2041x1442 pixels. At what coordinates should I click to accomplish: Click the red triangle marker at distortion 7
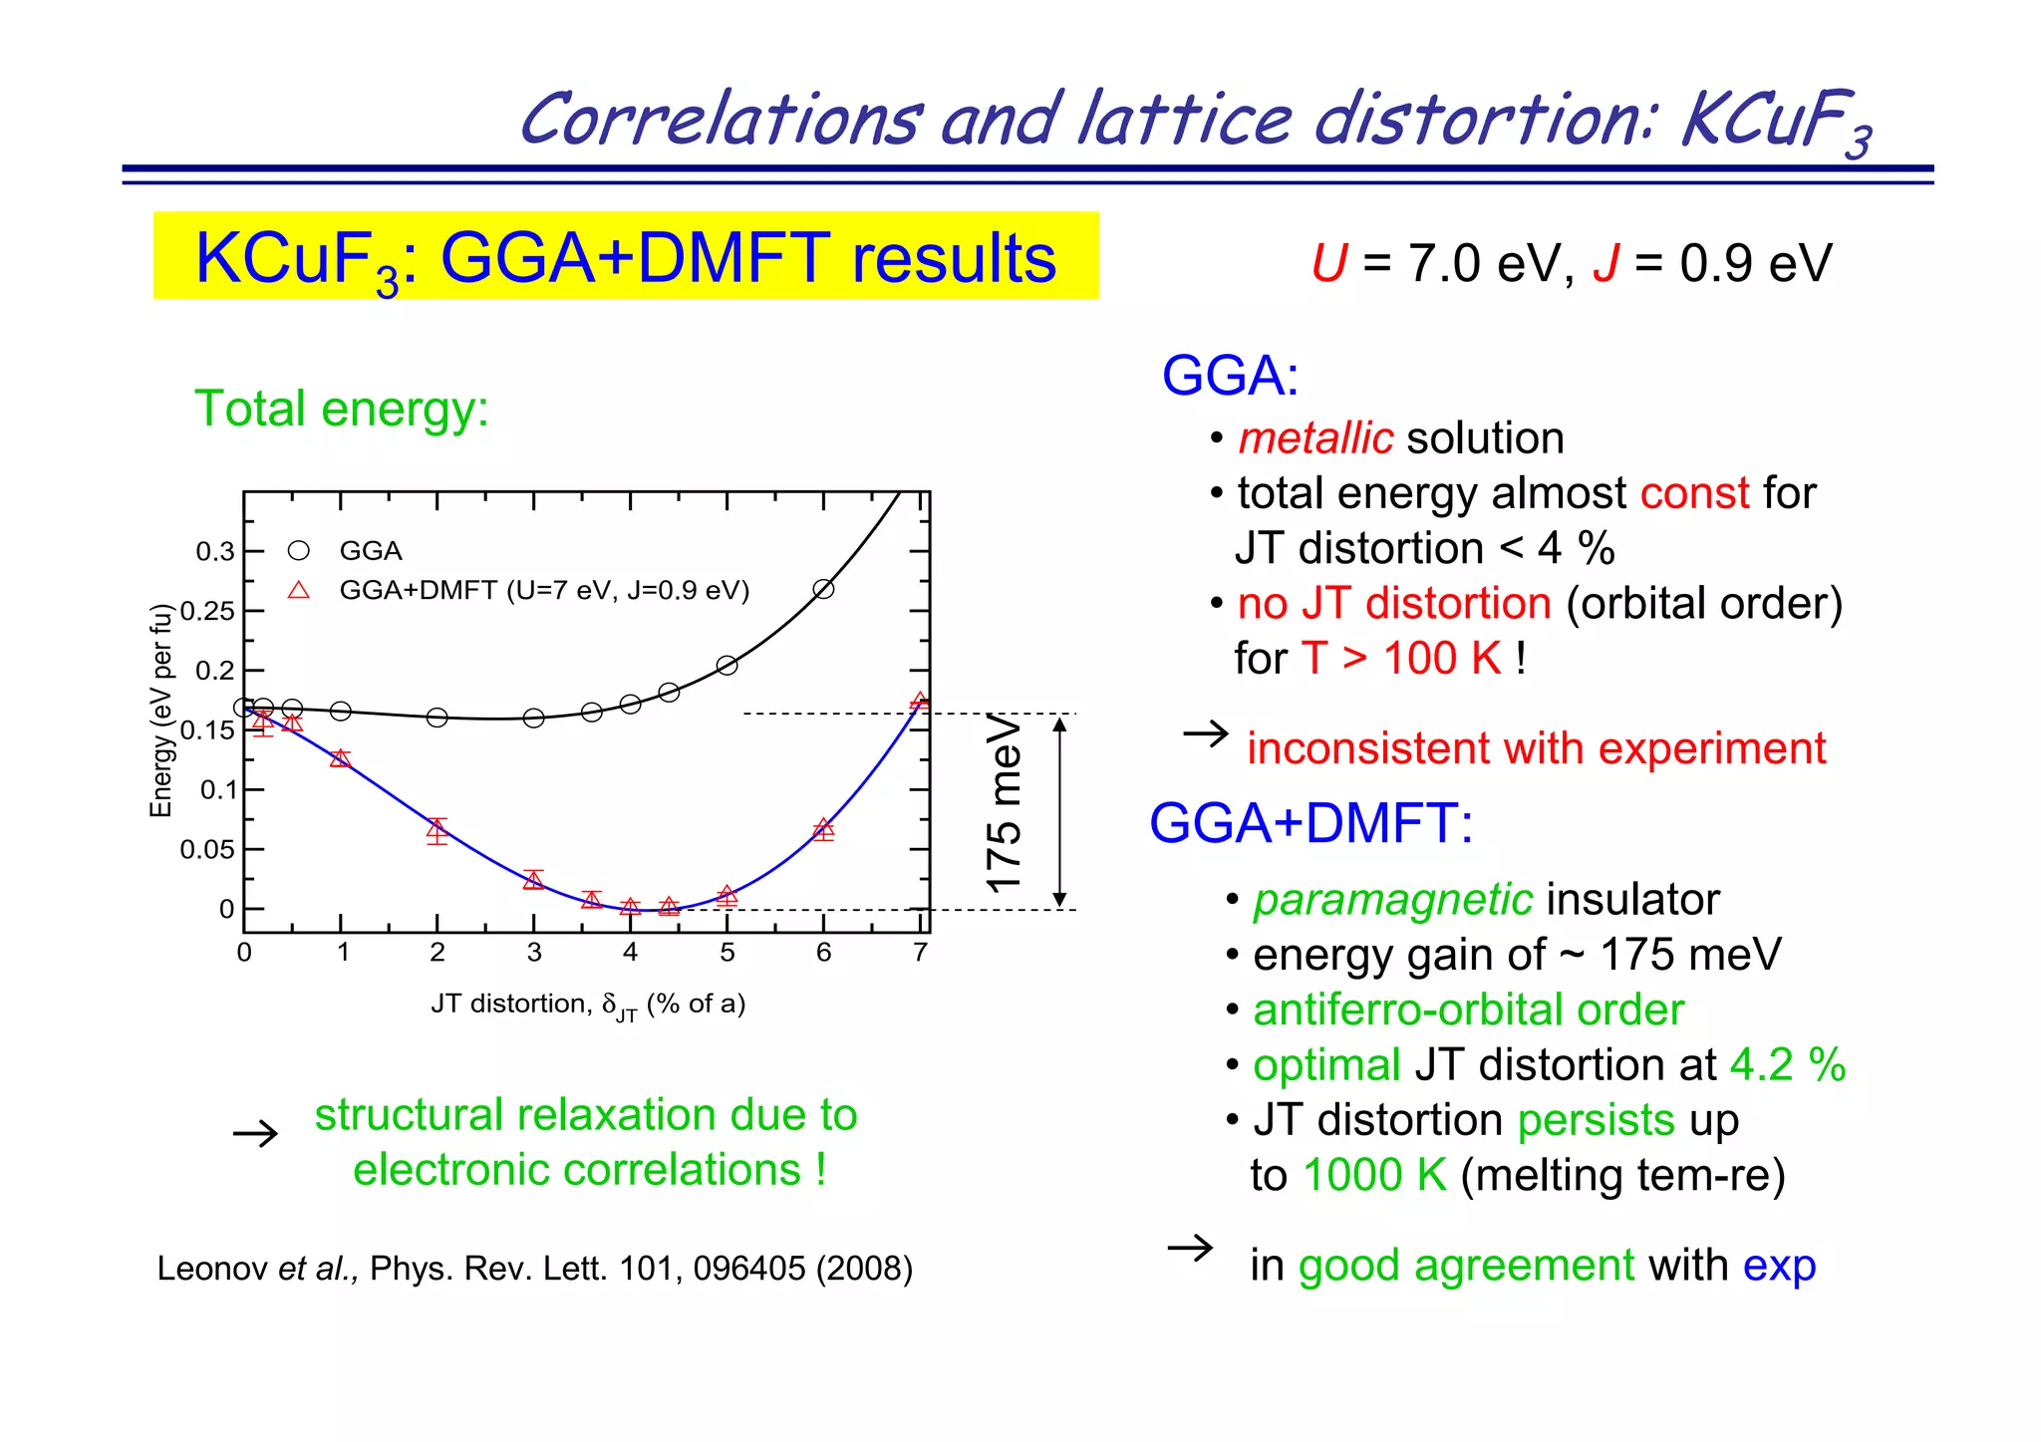(920, 702)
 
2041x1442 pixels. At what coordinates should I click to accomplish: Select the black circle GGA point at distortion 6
(823, 589)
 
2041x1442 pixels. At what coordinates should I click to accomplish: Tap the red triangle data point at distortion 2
(437, 829)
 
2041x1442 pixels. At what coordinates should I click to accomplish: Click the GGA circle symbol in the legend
(298, 551)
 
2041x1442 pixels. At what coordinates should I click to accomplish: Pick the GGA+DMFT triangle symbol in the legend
(298, 590)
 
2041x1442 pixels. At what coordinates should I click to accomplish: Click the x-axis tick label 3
(533, 953)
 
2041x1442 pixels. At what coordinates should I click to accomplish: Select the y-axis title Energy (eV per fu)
(161, 711)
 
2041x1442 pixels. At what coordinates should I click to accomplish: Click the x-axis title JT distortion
(588, 1005)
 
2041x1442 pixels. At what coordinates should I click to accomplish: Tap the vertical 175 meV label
(1004, 803)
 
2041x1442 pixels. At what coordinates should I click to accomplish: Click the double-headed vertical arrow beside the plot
(1060, 811)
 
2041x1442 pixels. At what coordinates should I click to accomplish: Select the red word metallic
(1314, 438)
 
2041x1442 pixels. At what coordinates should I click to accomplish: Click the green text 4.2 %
(1787, 1065)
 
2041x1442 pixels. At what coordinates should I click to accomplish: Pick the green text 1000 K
(1374, 1175)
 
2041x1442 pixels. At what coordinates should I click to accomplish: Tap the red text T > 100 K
(1401, 659)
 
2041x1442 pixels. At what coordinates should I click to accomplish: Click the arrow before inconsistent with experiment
(1206, 735)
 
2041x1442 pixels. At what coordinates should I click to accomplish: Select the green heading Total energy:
(342, 409)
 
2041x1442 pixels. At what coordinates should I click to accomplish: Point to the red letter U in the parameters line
(1329, 264)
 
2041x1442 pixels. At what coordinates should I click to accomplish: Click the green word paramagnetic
(1392, 900)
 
